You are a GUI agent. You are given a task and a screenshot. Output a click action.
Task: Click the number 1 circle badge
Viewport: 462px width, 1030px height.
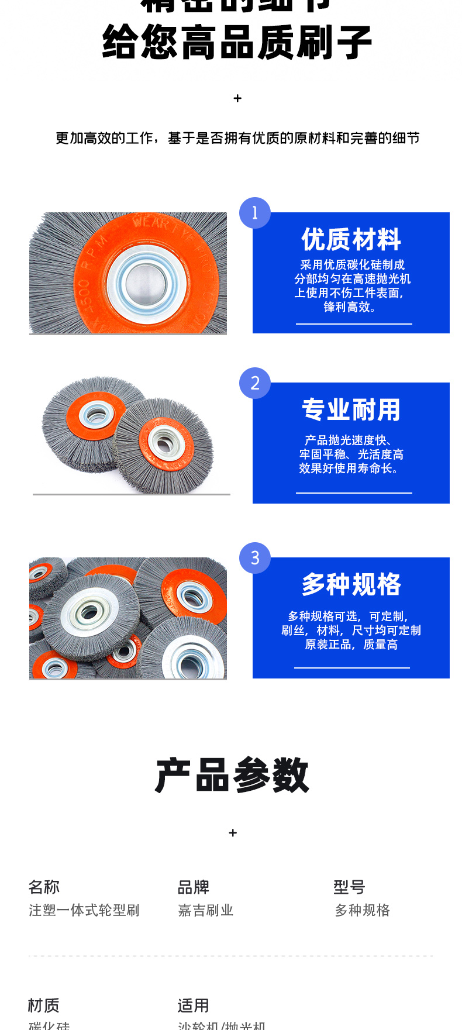pyautogui.click(x=255, y=213)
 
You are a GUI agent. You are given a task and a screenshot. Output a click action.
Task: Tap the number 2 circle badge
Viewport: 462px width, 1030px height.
pyautogui.click(x=255, y=383)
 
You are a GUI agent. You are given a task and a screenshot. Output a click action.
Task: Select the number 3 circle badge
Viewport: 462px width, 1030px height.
pyautogui.click(x=255, y=558)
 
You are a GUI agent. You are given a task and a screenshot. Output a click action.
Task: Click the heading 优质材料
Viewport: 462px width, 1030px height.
pyautogui.click(x=351, y=239)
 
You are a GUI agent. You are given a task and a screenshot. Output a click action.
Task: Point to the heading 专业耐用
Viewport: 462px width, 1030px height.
pyautogui.click(x=351, y=409)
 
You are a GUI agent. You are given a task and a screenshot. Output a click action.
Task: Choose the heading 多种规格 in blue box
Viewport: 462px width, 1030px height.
pyautogui.click(x=351, y=584)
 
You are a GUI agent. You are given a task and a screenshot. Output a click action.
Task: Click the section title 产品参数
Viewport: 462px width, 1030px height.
pyautogui.click(x=232, y=776)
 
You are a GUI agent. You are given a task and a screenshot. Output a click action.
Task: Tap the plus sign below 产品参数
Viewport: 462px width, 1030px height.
pyautogui.click(x=233, y=832)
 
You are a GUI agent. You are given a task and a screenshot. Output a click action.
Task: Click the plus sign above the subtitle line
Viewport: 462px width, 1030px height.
pyautogui.click(x=237, y=98)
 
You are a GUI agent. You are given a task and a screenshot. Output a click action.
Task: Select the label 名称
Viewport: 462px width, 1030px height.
pyautogui.click(x=44, y=887)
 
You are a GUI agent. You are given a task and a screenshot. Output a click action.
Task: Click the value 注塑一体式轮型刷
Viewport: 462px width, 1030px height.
pyautogui.click(x=84, y=910)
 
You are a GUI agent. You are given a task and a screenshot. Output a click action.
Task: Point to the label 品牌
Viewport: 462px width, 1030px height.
pyautogui.click(x=194, y=887)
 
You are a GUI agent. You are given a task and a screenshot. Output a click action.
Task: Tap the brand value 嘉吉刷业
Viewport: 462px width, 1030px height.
pyautogui.click(x=206, y=910)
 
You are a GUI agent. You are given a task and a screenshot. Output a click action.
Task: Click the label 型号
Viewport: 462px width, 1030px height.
pyautogui.click(x=349, y=887)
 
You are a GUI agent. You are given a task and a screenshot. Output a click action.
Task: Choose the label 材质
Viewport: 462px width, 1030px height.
pyautogui.click(x=44, y=1005)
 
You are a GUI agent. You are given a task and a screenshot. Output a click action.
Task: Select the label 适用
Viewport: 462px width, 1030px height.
pyautogui.click(x=194, y=1005)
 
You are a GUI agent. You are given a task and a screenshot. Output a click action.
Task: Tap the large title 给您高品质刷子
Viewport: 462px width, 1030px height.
pyautogui.click(x=237, y=43)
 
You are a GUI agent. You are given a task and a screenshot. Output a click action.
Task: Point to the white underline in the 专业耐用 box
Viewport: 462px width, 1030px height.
pyautogui.click(x=354, y=493)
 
